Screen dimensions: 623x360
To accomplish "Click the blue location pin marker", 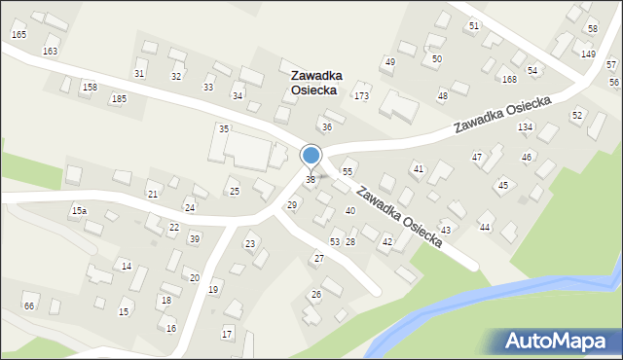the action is [x=311, y=156].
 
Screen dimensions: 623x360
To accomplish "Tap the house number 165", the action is [x=18, y=35].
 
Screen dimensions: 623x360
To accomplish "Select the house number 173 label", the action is [x=361, y=96].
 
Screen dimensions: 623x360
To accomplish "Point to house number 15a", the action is [x=79, y=210].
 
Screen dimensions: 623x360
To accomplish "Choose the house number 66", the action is [x=29, y=306].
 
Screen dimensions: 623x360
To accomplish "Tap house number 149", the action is [x=588, y=54].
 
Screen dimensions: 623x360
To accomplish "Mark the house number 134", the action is [x=525, y=127].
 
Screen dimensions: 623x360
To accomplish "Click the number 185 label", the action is [x=119, y=99].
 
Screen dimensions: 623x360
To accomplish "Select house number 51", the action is [x=473, y=25].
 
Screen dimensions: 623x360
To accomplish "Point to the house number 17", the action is [x=227, y=335].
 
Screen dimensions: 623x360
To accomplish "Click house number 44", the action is [x=484, y=227].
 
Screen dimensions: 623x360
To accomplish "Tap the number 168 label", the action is [x=509, y=80].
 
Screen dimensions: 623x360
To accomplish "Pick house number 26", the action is [x=315, y=294].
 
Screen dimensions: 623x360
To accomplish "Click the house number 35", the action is [x=224, y=129].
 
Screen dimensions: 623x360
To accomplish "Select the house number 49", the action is [x=389, y=62].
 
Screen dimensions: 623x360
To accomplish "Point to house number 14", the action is [x=126, y=267].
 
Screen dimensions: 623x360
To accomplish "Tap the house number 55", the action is [x=347, y=172].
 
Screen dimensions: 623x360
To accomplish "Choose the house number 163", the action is [x=50, y=51].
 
